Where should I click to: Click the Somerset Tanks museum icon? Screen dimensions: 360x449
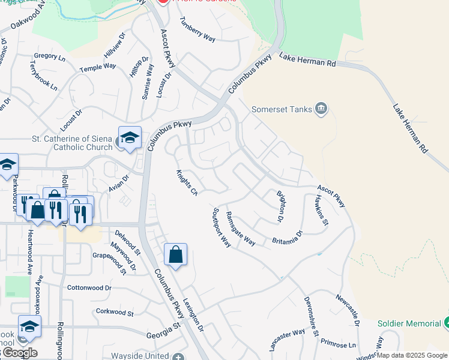pyautogui.click(x=321, y=108)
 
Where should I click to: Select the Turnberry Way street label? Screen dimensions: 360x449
pyautogui.click(x=197, y=29)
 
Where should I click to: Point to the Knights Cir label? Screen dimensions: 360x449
pyautogui.click(x=187, y=182)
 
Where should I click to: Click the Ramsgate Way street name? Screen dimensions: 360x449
pyautogui.click(x=241, y=229)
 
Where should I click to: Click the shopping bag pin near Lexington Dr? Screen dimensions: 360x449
pyautogui.click(x=175, y=255)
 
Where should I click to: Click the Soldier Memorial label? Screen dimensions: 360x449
pyautogui.click(x=409, y=323)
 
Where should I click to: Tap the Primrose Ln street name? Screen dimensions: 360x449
pyautogui.click(x=338, y=345)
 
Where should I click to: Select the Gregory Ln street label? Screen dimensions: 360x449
pyautogui.click(x=49, y=56)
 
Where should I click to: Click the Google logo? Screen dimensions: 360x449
pyautogui.click(x=19, y=353)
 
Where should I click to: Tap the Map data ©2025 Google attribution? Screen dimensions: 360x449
pyautogui.click(x=412, y=355)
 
